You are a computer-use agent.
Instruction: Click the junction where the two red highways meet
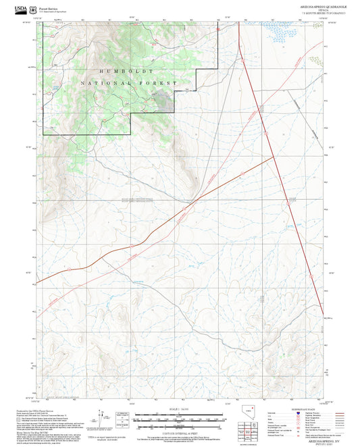coord(274,157)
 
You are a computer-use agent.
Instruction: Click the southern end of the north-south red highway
coord(324,317)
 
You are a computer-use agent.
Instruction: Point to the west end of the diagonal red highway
coord(38,282)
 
